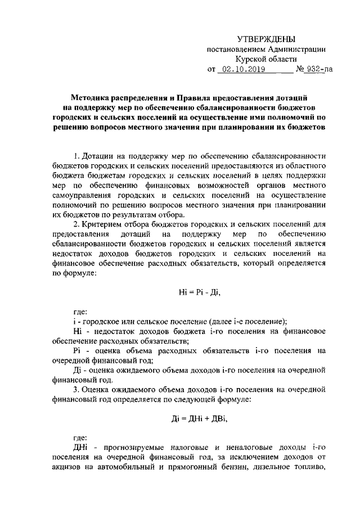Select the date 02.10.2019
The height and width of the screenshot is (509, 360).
pos(247,70)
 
